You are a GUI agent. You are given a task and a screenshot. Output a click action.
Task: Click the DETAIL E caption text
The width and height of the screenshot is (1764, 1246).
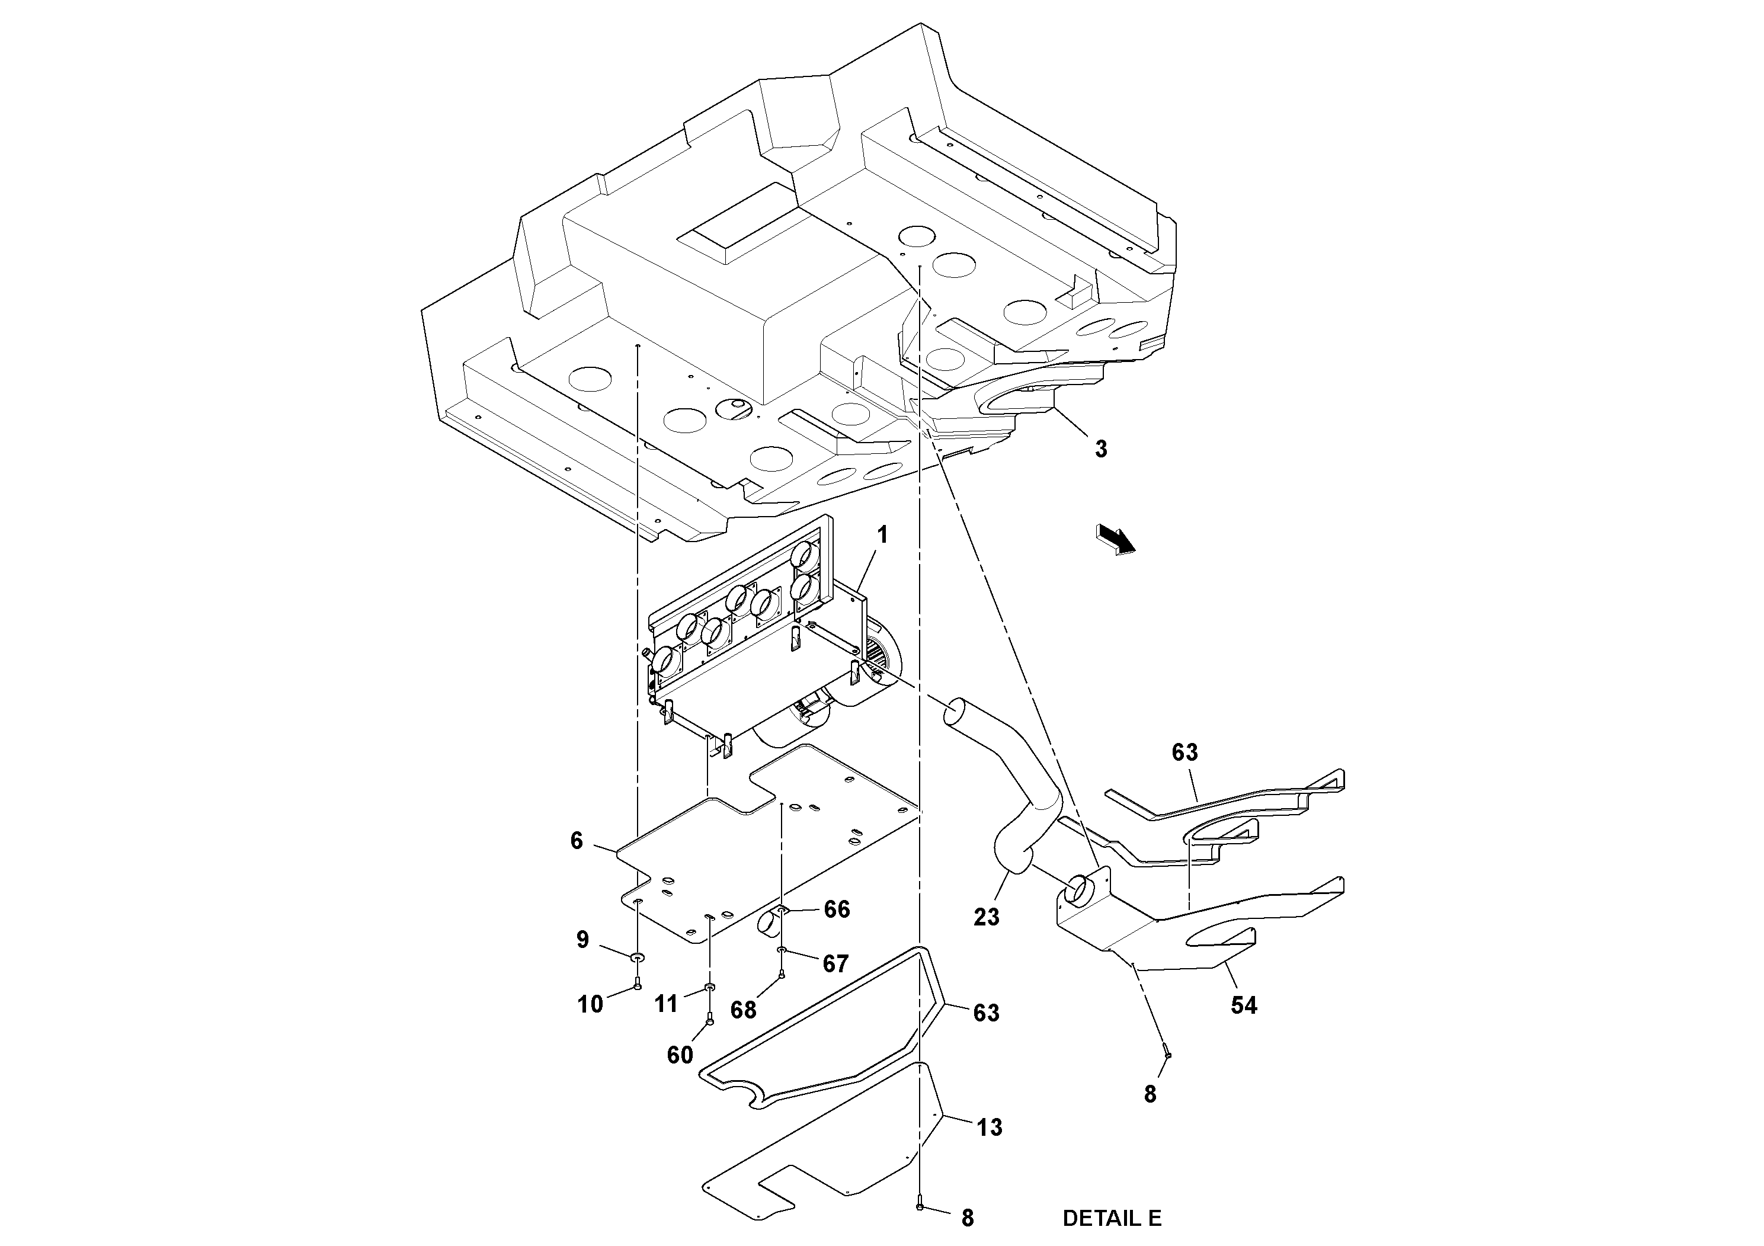[x=1111, y=1218]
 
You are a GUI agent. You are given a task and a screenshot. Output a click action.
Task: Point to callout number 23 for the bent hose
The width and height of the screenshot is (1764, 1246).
[x=987, y=917]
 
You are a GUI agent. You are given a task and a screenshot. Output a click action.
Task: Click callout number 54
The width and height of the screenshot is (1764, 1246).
[x=1243, y=1005]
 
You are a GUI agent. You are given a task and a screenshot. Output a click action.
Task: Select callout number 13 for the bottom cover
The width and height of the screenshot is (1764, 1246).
[x=990, y=1128]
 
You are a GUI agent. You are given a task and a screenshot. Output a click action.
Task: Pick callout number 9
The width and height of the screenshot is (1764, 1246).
[x=582, y=940]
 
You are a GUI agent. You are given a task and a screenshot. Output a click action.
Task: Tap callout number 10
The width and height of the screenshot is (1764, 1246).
[x=590, y=1004]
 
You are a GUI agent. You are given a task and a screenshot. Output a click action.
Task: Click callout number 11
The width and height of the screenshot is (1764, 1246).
[x=666, y=1003]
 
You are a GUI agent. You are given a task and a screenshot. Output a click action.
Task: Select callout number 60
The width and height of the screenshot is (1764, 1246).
[x=680, y=1055]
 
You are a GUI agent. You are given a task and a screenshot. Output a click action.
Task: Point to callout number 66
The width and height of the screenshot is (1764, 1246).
[x=837, y=909]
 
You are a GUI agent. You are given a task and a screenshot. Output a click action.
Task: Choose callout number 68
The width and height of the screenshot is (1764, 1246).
[x=743, y=1010]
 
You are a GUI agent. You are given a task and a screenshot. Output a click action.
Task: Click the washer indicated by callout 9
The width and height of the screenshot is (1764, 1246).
[x=638, y=957]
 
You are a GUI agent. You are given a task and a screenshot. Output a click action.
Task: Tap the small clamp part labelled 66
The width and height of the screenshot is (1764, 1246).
[x=771, y=923]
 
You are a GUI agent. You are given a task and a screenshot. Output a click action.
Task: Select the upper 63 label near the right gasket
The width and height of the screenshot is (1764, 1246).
[x=1184, y=752]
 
